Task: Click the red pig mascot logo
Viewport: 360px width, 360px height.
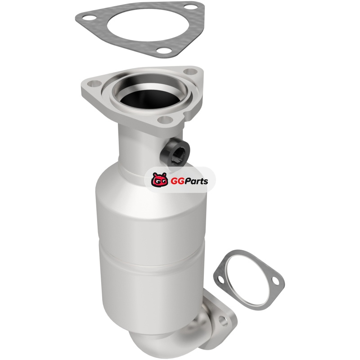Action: (159, 180)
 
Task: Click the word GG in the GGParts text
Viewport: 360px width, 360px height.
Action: (176, 181)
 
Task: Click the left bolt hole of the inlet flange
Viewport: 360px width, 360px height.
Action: (94, 83)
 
